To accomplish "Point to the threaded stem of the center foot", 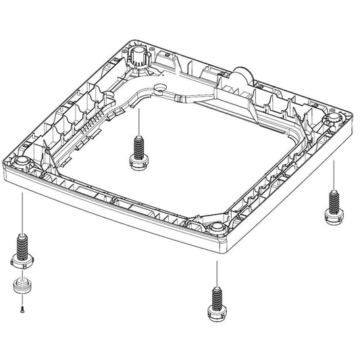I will (x=138, y=145).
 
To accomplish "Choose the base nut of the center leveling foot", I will (x=138, y=161).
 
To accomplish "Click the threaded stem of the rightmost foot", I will (x=332, y=199).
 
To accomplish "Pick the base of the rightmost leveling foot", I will (x=333, y=214).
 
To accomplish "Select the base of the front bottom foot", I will (x=215, y=313).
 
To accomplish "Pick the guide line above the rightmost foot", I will (x=334, y=176).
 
